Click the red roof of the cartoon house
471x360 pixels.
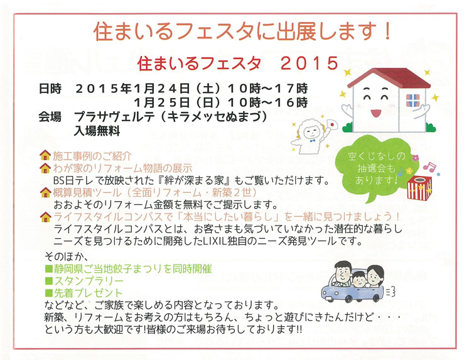[389, 75]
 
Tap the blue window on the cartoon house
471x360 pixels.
[413, 100]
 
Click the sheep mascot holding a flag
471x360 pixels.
[312, 133]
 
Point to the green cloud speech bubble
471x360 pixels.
[376, 168]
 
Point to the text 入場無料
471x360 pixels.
[97, 131]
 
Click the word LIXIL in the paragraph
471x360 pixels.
[269, 241]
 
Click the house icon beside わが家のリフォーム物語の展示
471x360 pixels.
[45, 168]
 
